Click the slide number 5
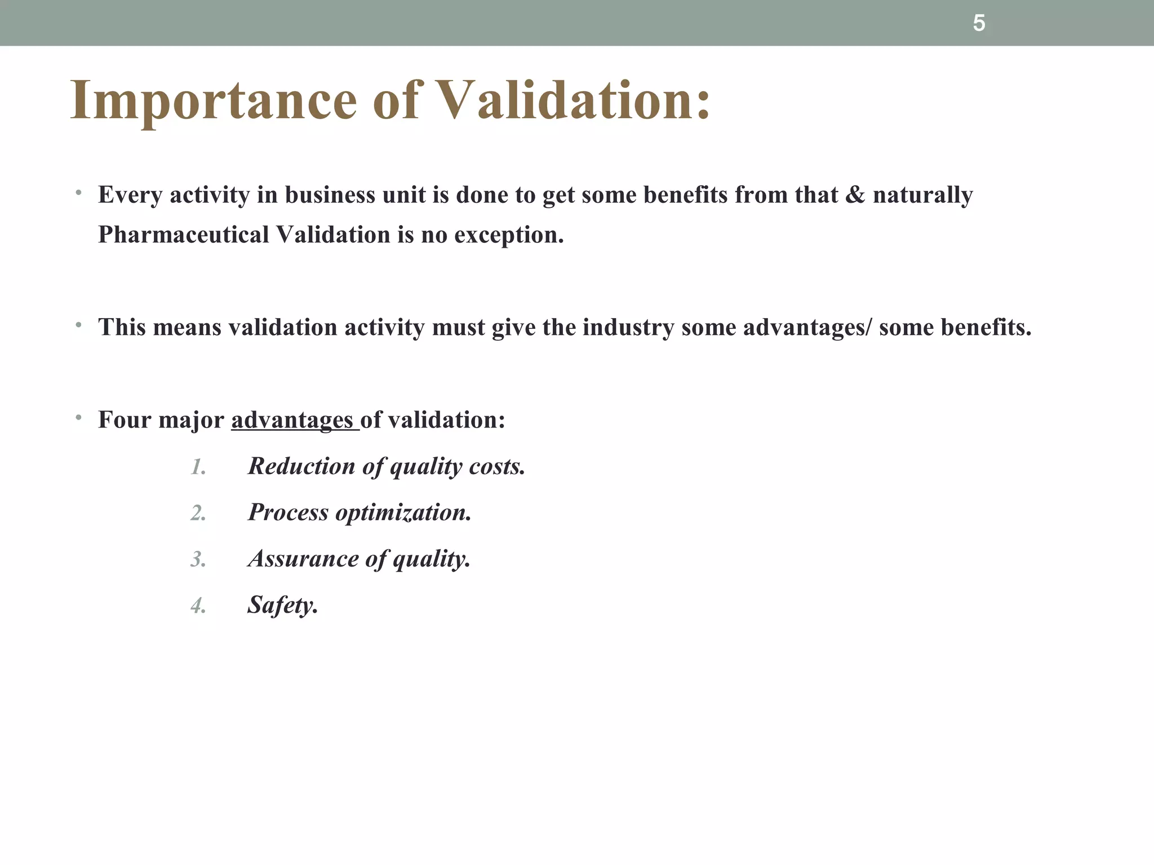(979, 24)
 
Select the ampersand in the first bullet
(855, 195)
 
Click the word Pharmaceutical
(183, 235)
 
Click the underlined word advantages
(292, 420)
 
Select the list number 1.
(198, 467)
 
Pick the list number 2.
(198, 513)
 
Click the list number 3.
(198, 559)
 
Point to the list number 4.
(198, 606)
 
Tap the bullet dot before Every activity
(79, 194)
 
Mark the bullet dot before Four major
(79, 418)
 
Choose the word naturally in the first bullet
(922, 195)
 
